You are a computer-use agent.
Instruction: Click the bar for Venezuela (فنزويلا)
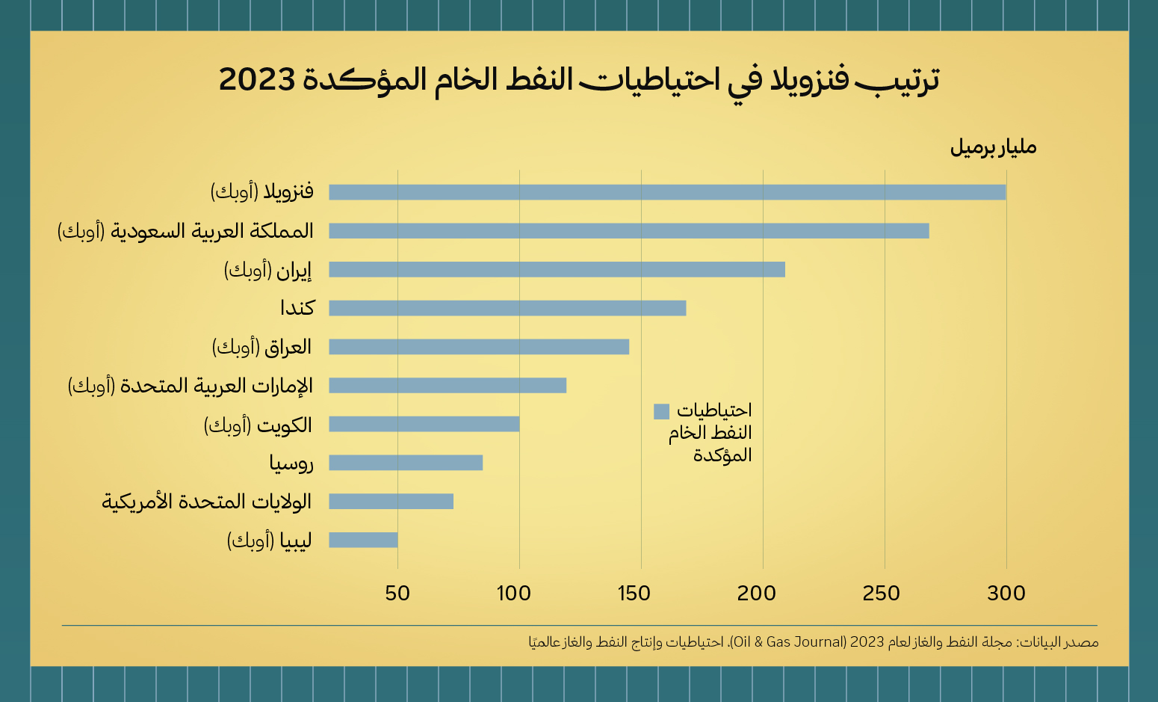coord(667,192)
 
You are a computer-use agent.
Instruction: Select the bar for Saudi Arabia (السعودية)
coord(629,231)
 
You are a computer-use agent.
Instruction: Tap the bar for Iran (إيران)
coord(557,269)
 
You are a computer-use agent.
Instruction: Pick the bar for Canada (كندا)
coord(507,308)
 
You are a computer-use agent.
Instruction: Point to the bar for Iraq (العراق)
coord(479,347)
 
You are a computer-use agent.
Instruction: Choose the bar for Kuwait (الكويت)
coord(424,425)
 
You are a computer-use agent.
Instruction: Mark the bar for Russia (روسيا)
coord(406,463)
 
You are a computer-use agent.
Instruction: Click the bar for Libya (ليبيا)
coord(363,540)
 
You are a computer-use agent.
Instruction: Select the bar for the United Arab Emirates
coord(448,386)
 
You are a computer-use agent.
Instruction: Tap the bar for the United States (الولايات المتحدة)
coord(391,502)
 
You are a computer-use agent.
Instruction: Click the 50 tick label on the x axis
coord(397,594)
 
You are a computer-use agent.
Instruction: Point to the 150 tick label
coord(634,594)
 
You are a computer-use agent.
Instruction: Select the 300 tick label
coord(1006,594)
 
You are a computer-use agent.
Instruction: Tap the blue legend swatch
coord(661,411)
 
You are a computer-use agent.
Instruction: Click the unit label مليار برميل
coord(993,147)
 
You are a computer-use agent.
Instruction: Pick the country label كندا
coord(297,308)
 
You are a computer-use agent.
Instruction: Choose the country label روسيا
coord(291,464)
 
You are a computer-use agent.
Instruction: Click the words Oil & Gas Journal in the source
coord(788,642)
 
